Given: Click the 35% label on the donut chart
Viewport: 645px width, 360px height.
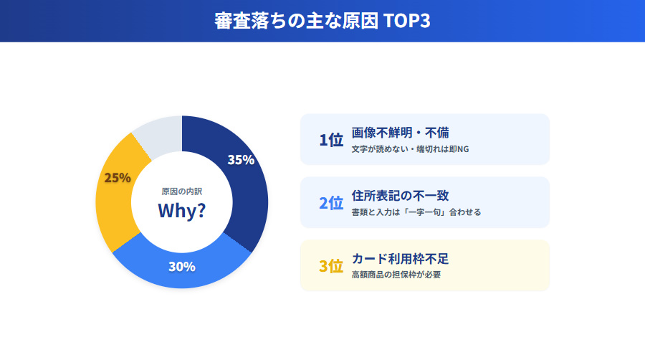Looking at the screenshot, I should pos(241,160).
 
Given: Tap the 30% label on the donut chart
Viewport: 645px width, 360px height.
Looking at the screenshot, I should pos(182,267).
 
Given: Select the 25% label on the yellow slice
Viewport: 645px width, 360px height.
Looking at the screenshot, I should pos(118,178).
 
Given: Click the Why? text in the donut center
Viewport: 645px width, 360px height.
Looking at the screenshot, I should pos(182,211).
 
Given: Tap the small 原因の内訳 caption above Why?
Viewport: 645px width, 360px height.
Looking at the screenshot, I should pos(182,191).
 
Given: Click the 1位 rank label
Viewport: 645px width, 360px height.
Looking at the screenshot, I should pos(331,140).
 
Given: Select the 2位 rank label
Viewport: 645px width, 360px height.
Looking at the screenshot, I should pos(331,203).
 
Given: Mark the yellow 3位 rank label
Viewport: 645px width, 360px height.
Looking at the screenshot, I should pos(331,266).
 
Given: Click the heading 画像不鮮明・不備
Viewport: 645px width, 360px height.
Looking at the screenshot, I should pos(401,133).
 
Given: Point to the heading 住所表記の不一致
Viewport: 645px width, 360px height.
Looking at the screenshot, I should pos(401,196).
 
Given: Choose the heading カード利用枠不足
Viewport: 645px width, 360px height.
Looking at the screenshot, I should pos(401,259).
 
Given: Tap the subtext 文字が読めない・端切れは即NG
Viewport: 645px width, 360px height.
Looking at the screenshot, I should pos(410,150).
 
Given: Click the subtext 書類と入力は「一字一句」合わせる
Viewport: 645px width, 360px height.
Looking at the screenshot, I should pos(416,212).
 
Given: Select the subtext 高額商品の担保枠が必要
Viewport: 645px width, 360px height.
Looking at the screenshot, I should pos(396,275).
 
